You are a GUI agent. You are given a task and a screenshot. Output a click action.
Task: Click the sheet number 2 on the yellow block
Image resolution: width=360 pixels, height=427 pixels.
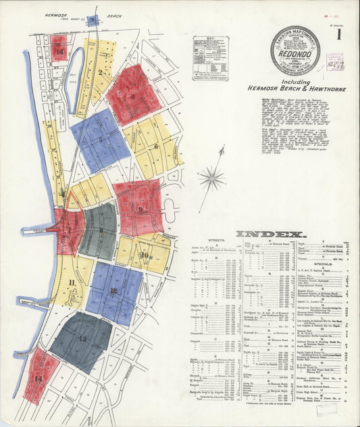pyautogui.click(x=100, y=71)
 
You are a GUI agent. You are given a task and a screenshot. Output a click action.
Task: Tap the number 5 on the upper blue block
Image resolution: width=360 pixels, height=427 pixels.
pyautogui.click(x=100, y=141)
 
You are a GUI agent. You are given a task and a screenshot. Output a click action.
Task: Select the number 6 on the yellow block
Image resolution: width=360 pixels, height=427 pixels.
pyautogui.click(x=156, y=146)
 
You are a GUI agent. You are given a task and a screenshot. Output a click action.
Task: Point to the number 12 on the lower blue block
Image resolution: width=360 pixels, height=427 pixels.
pyautogui.click(x=113, y=291)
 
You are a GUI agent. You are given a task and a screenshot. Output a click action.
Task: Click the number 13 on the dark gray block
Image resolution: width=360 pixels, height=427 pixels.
pyautogui.click(x=82, y=338)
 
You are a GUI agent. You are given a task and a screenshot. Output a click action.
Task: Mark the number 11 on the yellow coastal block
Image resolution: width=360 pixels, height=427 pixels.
pyautogui.click(x=71, y=282)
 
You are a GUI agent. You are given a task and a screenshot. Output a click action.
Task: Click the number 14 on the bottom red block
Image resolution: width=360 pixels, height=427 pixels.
pyautogui.click(x=38, y=379)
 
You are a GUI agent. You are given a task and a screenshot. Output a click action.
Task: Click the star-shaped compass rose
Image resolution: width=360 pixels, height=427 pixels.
pyautogui.click(x=211, y=180)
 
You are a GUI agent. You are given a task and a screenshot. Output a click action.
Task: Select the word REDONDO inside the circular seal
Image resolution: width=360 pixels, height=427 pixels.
pyautogui.click(x=294, y=51)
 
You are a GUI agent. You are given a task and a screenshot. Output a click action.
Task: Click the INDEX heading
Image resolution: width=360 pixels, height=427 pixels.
pyautogui.click(x=271, y=234)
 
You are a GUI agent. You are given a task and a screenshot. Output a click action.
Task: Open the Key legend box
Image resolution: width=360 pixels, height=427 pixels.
pyautogui.click(x=210, y=59)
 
